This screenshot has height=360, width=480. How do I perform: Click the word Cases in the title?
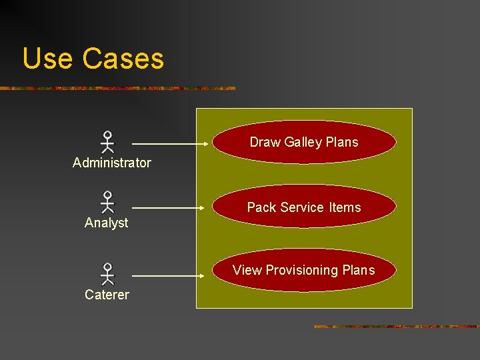click(123, 59)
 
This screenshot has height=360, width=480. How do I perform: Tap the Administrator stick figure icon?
click(107, 143)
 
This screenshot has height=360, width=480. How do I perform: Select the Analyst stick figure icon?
click(107, 203)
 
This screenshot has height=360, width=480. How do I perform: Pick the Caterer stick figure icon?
click(107, 274)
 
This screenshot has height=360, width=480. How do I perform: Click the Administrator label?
click(112, 163)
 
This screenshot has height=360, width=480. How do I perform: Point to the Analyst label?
click(107, 223)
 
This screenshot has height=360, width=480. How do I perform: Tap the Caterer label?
click(107, 295)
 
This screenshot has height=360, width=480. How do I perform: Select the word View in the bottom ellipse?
click(247, 270)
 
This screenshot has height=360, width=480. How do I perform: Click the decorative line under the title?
click(117, 88)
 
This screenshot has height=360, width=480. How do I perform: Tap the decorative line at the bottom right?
click(396, 327)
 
